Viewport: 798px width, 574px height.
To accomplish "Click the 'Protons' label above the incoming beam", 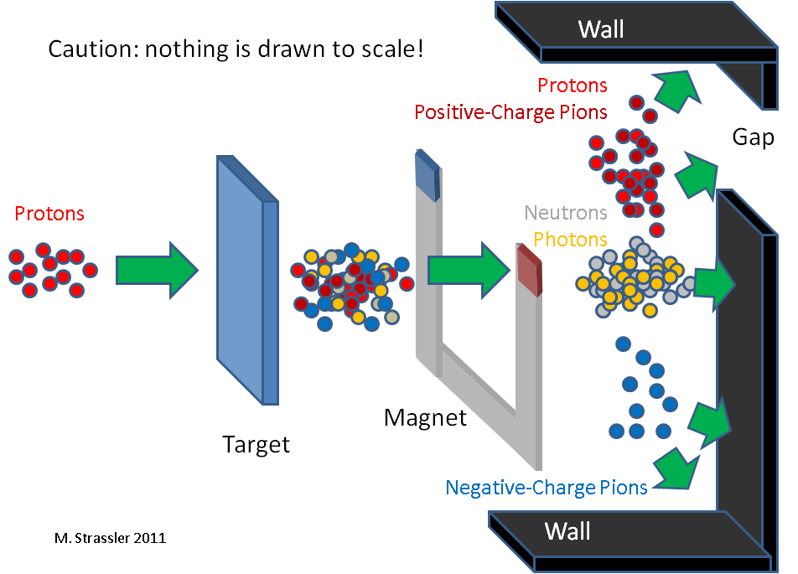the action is tap(49, 214).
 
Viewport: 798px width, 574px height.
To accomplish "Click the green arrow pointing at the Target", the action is tap(157, 270).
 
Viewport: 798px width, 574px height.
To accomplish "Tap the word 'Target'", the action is tap(256, 445).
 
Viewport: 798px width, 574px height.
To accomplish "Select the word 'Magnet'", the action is tap(425, 418).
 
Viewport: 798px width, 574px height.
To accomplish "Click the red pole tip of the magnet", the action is tap(529, 270).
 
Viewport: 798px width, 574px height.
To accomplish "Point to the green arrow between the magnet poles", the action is tap(469, 270).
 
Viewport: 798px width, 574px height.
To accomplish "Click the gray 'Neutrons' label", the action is tap(566, 213).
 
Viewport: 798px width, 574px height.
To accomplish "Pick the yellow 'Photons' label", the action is tap(570, 239).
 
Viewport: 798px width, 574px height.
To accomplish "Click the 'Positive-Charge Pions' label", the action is tap(510, 112).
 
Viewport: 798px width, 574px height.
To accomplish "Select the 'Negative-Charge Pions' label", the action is tap(546, 488).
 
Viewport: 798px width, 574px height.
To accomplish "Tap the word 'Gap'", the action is tap(754, 137).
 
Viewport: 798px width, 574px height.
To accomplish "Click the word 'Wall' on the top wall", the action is tap(601, 29).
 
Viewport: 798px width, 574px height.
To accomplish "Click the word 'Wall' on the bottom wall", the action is tap(567, 531).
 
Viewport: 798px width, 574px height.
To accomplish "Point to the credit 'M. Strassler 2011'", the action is tap(110, 538).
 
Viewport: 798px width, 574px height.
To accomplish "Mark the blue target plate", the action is tap(248, 281).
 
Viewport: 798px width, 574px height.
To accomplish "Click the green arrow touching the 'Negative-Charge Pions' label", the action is tap(676, 468).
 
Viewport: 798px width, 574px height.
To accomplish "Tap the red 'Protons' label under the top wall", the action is tap(573, 85).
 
